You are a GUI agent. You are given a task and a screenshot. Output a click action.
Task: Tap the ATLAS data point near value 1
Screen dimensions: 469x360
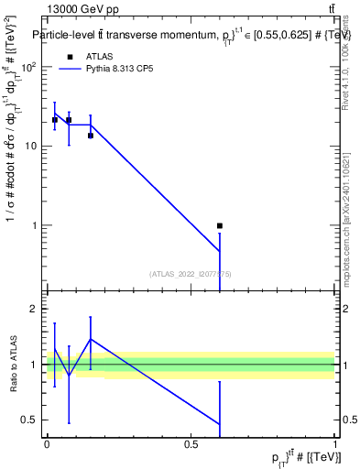tap(220, 225)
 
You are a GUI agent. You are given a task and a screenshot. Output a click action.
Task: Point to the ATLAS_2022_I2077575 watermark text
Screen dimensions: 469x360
tap(191, 273)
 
